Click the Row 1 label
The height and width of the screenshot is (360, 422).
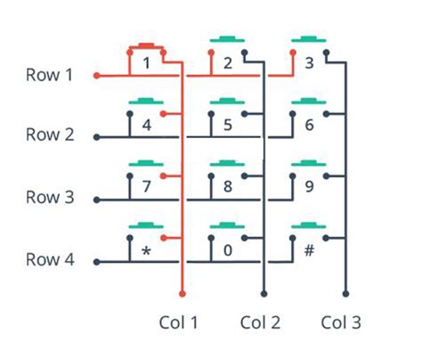pos(49,75)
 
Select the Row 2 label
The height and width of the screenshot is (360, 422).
pos(49,135)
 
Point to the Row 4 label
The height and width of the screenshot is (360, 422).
pos(49,261)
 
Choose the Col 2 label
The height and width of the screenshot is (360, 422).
pos(261,321)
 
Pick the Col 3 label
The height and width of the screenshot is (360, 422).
pos(342,321)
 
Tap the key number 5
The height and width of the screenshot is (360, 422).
pos(228,125)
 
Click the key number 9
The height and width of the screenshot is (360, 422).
pos(309,187)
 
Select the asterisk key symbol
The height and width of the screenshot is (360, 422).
pos(146,251)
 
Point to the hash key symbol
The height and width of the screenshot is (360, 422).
pos(309,250)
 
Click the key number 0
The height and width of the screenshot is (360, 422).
pos(228,250)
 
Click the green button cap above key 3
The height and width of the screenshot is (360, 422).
pos(309,39)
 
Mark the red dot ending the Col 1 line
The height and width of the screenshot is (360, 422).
pos(183,293)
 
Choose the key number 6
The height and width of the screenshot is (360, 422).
pos(309,125)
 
